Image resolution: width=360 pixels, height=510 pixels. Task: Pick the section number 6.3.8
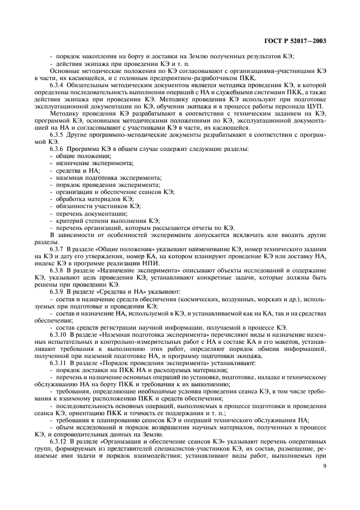click(x=58, y=270)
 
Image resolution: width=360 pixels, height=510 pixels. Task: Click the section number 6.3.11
click(x=59, y=363)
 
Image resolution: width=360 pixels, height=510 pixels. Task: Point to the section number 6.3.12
click(x=59, y=440)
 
